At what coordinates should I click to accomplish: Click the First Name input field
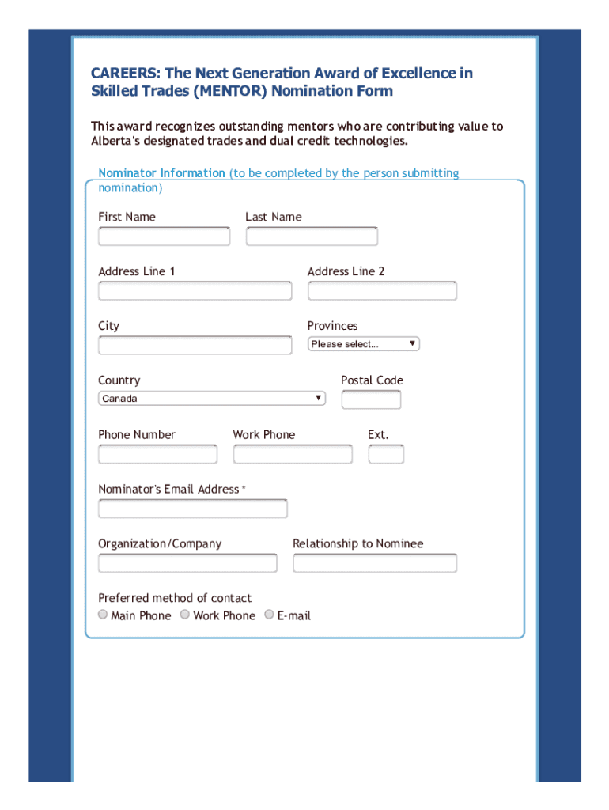point(164,237)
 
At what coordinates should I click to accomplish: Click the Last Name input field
point(312,237)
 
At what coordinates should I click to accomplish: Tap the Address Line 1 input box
point(195,291)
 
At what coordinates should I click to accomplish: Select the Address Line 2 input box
point(382,291)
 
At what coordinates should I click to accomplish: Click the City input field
point(195,346)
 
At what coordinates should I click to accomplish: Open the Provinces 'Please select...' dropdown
point(363,344)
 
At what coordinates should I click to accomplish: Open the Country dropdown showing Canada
point(212,399)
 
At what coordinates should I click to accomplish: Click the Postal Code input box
point(371,400)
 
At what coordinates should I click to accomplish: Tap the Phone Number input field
point(157,454)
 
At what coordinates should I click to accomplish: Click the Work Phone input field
point(293,454)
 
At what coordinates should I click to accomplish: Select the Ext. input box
point(386,454)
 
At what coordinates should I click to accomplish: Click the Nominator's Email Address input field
point(192,509)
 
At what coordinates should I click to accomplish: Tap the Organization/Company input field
point(187,563)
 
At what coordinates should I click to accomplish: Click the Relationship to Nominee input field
point(374,563)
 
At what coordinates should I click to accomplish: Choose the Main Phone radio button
point(103,615)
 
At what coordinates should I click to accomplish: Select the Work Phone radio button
point(185,615)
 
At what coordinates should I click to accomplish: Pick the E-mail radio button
point(269,615)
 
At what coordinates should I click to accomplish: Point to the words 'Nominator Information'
point(161,173)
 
